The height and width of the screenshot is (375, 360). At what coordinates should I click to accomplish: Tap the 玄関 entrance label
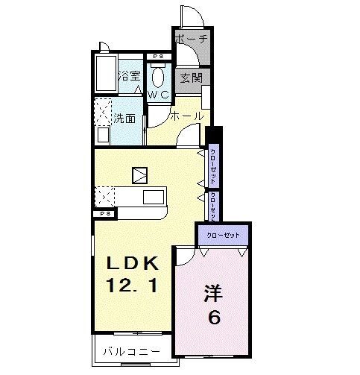point(189,78)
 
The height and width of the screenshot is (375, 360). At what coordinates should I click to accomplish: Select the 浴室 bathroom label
point(130,75)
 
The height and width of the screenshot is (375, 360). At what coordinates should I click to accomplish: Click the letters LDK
point(131,263)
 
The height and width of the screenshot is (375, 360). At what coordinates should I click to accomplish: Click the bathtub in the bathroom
point(105,75)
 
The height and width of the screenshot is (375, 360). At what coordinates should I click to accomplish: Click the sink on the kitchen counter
point(154,197)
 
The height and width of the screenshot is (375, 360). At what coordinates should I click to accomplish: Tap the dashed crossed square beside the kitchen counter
point(104,198)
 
